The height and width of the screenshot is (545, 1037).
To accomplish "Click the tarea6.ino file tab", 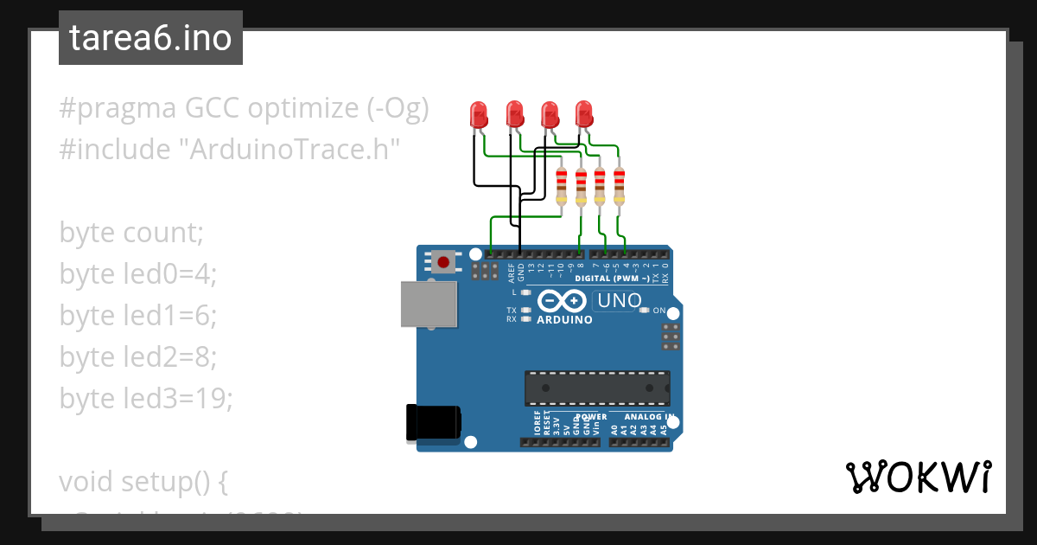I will [150, 39].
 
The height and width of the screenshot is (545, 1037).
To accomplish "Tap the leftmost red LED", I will [478, 113].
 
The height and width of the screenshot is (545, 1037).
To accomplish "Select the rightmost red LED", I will [584, 113].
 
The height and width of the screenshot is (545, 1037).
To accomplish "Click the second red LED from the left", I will [514, 113].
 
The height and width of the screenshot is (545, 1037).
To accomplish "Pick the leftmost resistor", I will [562, 185].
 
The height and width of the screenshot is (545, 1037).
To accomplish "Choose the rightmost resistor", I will [619, 185].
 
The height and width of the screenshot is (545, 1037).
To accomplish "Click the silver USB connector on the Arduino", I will [429, 305].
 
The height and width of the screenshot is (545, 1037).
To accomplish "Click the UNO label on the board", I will [617, 301].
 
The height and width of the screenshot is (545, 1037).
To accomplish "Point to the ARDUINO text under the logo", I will [564, 320].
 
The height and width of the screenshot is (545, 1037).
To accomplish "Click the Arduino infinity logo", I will [562, 300].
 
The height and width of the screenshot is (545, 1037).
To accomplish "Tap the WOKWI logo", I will [918, 478].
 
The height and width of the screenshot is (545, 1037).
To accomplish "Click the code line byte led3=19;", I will [146, 398].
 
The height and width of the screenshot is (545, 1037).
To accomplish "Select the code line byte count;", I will [131, 233].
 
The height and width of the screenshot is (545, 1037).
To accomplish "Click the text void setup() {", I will [143, 481].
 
